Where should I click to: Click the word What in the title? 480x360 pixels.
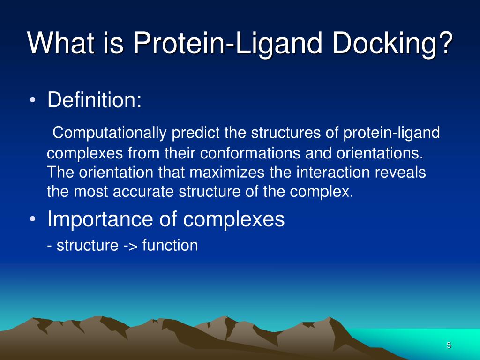coord(60,43)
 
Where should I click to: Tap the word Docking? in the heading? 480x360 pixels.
coord(392,43)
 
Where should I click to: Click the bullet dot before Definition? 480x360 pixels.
coord(32,100)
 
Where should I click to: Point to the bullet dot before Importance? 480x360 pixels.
coord(32,219)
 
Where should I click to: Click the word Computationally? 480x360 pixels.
coord(110,133)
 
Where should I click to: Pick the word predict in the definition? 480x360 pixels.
coord(195,133)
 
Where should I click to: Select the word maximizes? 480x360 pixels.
coord(227,172)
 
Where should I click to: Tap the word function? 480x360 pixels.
coord(170,246)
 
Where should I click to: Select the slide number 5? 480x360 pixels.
coord(449,345)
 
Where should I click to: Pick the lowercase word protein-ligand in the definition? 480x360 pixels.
coord(391,133)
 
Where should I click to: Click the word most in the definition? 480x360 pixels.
coord(90,192)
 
